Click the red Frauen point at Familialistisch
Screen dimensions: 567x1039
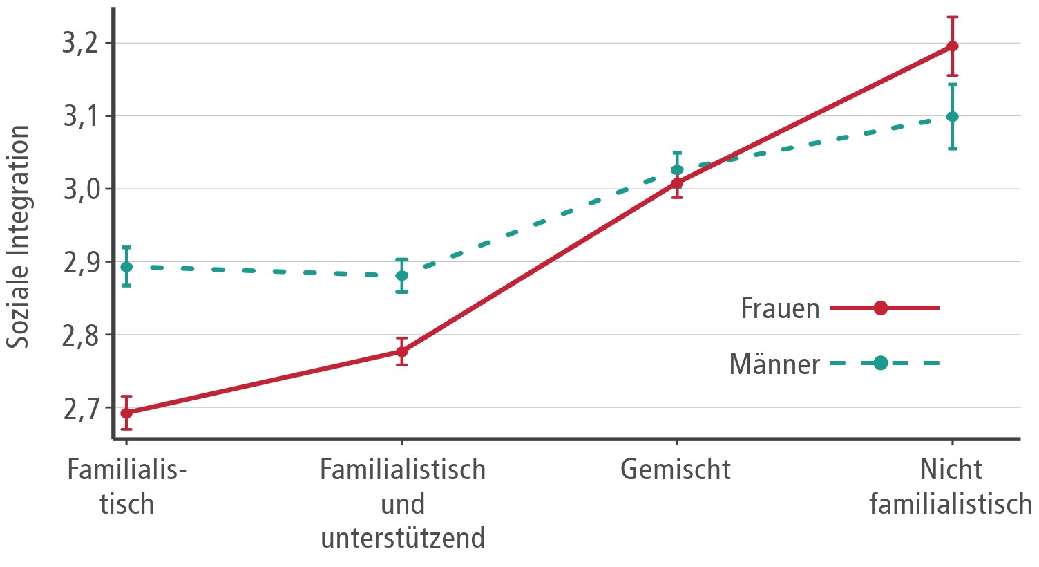126,413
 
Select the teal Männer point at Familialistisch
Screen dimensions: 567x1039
126,267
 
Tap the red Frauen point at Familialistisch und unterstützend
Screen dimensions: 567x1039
401,351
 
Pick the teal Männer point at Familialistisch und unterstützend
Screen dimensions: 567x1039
401,276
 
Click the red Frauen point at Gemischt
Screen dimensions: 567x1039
677,183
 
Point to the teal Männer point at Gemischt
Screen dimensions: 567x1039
677,169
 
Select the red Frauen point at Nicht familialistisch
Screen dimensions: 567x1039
953,46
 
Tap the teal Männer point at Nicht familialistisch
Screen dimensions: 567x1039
953,116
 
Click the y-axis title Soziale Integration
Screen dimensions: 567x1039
19,236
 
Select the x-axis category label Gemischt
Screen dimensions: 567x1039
675,470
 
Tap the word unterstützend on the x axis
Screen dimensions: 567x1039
403,538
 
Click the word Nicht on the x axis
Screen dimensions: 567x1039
951,470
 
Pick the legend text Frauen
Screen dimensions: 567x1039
780,308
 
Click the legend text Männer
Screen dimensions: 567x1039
774,364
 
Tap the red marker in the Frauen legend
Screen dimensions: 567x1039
881,308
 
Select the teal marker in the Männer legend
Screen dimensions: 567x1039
881,363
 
